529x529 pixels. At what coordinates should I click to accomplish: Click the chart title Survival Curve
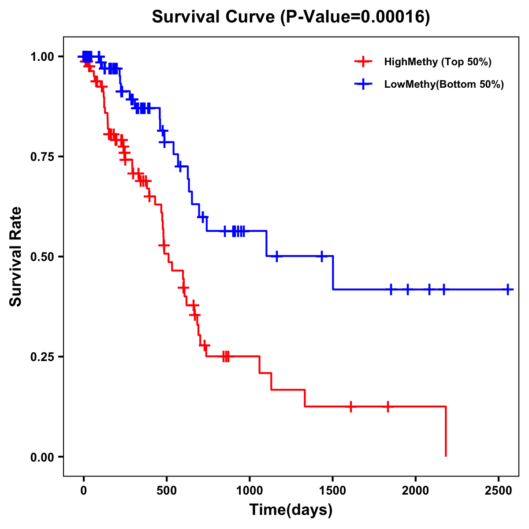(x=291, y=17)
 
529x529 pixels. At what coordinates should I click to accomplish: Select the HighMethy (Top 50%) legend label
(x=438, y=62)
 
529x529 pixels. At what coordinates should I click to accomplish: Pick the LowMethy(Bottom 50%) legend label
(x=444, y=84)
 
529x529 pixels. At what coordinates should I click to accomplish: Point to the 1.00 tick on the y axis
(x=42, y=57)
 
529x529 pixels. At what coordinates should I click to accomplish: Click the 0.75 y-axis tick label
(x=42, y=157)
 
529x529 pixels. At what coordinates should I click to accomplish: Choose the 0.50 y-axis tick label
(x=42, y=257)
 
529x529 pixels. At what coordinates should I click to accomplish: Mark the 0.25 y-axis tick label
(x=42, y=357)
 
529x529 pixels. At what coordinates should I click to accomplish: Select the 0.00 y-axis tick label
(x=42, y=457)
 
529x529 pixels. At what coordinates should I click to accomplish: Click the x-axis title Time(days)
(x=291, y=510)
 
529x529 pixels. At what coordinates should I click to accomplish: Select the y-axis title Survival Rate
(x=16, y=257)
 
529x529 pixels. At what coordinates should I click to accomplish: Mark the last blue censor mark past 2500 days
(x=508, y=290)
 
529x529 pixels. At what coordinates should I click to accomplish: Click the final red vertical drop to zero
(x=446, y=432)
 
